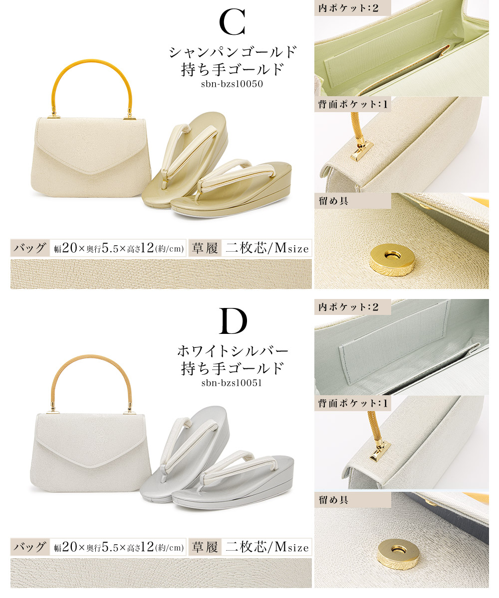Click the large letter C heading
click(232, 22)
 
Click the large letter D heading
click(233, 321)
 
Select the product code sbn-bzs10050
click(232, 84)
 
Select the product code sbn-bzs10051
click(232, 383)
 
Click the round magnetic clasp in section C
click(392, 260)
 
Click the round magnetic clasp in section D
click(399, 557)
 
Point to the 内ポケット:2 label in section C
click(348, 8)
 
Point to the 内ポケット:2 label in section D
click(348, 307)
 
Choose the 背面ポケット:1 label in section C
click(352, 104)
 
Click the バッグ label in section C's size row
click(30, 248)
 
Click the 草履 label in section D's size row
click(205, 547)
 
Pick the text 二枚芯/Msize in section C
click(267, 248)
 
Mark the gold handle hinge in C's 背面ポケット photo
click(361, 150)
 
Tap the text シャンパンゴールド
click(233, 52)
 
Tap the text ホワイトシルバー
click(233, 351)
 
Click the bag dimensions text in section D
click(118, 547)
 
